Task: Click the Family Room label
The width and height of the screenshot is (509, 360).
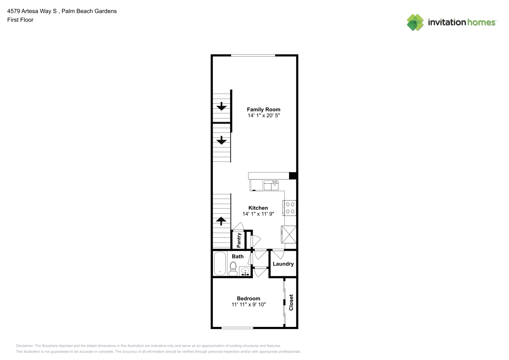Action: click(x=263, y=109)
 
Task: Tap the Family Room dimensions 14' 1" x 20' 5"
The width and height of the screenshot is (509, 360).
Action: click(x=263, y=116)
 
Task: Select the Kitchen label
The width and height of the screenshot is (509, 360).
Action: click(x=258, y=208)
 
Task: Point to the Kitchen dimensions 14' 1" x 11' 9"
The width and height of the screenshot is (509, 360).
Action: click(x=258, y=214)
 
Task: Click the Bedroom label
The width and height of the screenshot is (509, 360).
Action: click(x=249, y=299)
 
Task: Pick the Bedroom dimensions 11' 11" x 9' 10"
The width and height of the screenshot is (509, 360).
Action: click(x=249, y=305)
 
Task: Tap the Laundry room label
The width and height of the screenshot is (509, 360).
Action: click(x=283, y=264)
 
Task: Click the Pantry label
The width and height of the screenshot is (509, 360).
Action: click(x=239, y=240)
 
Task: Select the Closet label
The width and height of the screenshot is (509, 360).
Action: click(x=291, y=302)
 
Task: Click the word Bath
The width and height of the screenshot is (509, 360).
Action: click(x=238, y=257)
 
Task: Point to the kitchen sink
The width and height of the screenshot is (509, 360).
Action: click(x=271, y=185)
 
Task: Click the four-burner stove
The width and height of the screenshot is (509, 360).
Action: click(x=289, y=208)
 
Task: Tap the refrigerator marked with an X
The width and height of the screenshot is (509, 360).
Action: click(x=289, y=235)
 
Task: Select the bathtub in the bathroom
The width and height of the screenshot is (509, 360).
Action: click(x=220, y=264)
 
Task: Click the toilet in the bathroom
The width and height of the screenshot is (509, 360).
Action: click(x=233, y=269)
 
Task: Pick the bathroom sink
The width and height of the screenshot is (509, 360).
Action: click(x=245, y=271)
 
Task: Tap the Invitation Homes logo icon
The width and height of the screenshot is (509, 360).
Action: click(x=415, y=22)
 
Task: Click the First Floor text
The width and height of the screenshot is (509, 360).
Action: click(x=20, y=20)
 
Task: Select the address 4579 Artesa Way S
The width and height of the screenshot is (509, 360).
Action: click(x=32, y=11)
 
